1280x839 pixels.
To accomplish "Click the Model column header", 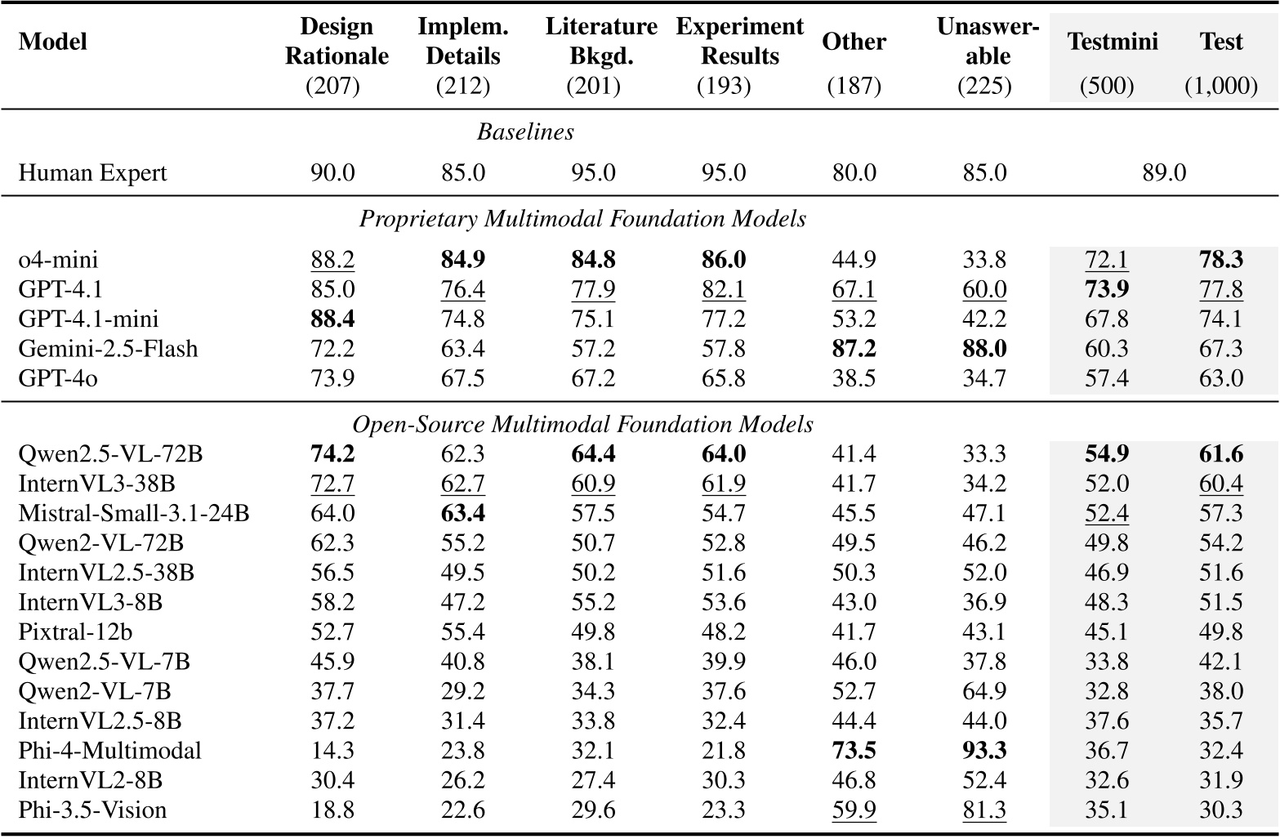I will pyautogui.click(x=52, y=42).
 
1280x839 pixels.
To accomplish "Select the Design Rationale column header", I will pyautogui.click(x=336, y=42).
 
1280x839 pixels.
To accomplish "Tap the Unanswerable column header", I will pyautogui.click(x=988, y=42).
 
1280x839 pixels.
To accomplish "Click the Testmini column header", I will pyautogui.click(x=1113, y=42).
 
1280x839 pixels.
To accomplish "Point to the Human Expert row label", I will pyautogui.click(x=92, y=172).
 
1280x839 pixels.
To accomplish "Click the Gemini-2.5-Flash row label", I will pyautogui.click(x=108, y=349).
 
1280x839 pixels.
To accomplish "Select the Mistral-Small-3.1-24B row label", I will pyautogui.click(x=133, y=513).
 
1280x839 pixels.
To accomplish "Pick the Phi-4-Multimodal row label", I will pyautogui.click(x=109, y=751).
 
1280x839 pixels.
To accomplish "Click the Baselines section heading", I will pyautogui.click(x=525, y=132).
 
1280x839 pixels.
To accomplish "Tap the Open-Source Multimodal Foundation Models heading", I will pyautogui.click(x=582, y=424).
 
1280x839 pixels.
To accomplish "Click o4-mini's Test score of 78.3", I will pyautogui.click(x=1221, y=260).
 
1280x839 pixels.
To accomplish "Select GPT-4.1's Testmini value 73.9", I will pyautogui.click(x=1107, y=289).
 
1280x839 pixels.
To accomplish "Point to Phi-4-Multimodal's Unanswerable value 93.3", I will pyautogui.click(x=983, y=751).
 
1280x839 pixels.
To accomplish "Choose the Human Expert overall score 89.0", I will pyautogui.click(x=1163, y=172).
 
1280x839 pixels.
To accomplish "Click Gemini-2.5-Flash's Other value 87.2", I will pyautogui.click(x=854, y=349).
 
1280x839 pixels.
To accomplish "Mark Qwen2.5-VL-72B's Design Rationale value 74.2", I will pyautogui.click(x=332, y=454).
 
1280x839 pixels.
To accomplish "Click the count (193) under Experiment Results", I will pyautogui.click(x=724, y=86).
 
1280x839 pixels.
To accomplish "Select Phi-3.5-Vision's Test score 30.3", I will pyautogui.click(x=1221, y=810).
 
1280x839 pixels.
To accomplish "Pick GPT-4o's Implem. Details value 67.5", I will pyautogui.click(x=462, y=378).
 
